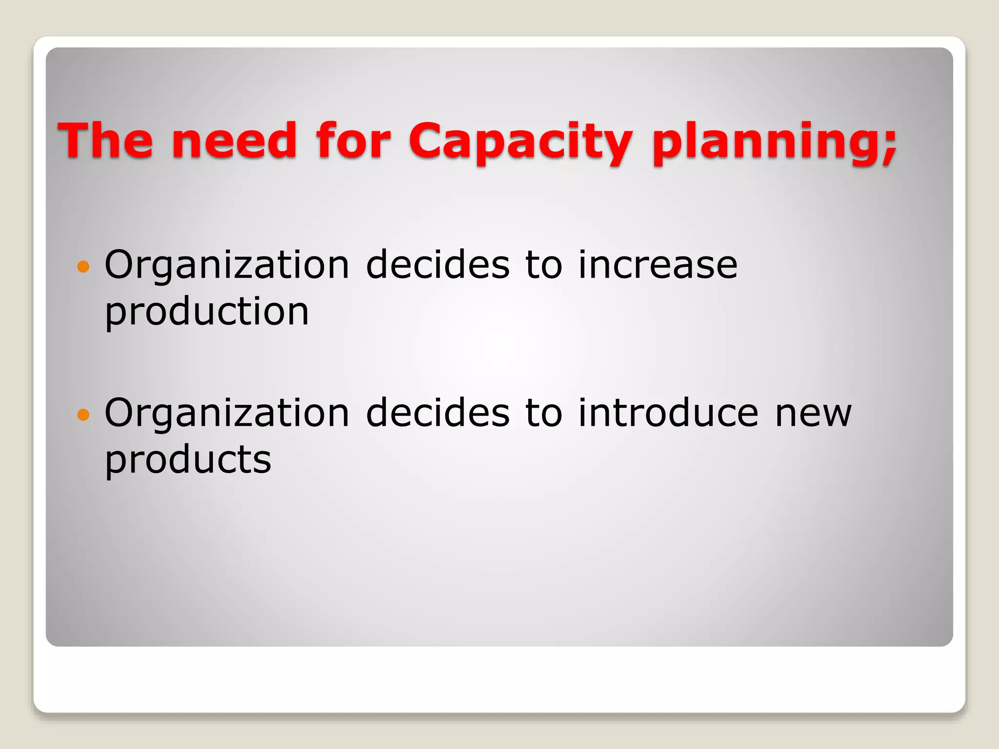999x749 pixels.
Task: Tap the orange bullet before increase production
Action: coord(83,266)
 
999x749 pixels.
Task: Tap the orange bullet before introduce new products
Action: coord(83,414)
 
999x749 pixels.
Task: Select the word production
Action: coord(207,312)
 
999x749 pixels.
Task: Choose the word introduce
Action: coord(668,413)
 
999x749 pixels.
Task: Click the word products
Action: coord(188,460)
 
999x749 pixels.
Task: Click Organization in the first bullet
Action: coord(227,266)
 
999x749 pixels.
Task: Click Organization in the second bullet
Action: coord(227,414)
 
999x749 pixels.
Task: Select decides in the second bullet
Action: coord(438,413)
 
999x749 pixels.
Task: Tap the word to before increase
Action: coord(543,266)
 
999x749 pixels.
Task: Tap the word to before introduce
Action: coord(543,414)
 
